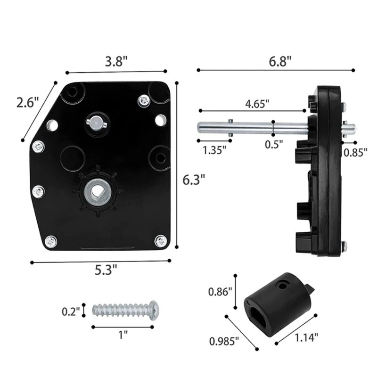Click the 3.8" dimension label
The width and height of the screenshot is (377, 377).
point(116,62)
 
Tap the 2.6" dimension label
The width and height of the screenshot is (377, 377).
point(27,103)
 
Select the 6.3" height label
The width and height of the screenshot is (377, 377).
point(194,180)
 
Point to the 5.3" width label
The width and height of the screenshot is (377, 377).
point(106,270)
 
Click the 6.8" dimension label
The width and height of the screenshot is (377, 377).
point(280,61)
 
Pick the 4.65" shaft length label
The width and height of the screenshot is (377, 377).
point(257,104)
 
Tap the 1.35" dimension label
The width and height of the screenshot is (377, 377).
point(214,150)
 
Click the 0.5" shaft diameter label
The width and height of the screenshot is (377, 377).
point(274,145)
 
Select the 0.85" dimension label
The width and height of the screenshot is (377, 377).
point(356,152)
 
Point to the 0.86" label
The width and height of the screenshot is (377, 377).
point(220,292)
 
